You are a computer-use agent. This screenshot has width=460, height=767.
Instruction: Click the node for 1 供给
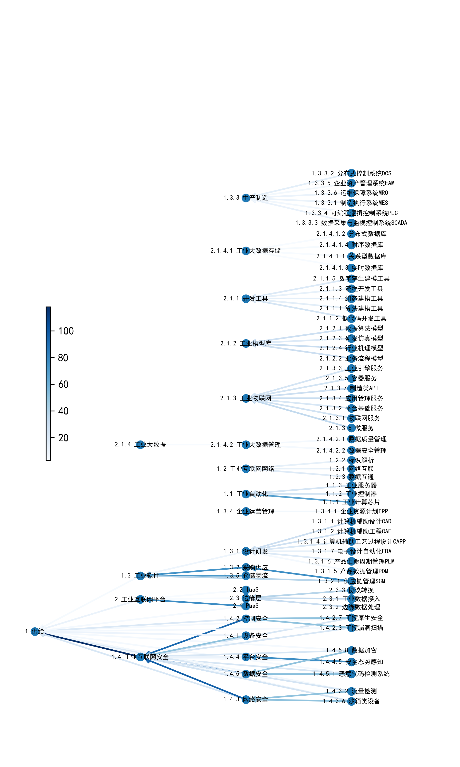(x=35, y=631)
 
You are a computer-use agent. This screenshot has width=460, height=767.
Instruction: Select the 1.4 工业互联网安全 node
(x=140, y=657)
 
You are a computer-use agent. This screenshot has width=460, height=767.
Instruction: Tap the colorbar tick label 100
(x=66, y=331)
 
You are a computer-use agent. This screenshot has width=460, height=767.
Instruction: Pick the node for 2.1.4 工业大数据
(x=140, y=445)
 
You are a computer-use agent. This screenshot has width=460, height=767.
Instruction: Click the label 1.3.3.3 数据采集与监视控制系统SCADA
(x=351, y=223)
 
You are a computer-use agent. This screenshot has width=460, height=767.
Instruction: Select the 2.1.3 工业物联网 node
(x=246, y=398)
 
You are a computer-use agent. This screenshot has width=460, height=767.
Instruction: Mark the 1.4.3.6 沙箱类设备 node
(x=351, y=701)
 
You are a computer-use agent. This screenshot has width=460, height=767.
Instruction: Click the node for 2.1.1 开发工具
(x=246, y=299)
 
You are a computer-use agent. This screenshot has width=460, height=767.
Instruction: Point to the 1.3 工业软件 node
(x=140, y=576)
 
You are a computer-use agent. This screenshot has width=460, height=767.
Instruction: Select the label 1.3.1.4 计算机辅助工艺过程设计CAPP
(x=351, y=542)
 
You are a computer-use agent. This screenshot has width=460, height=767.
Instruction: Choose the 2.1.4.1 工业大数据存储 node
(x=246, y=251)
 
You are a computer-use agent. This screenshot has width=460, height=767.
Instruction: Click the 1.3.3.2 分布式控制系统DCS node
(x=351, y=173)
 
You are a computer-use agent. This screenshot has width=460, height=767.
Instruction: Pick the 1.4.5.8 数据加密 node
(x=351, y=650)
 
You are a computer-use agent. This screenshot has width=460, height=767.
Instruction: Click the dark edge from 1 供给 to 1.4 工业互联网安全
(x=90, y=645)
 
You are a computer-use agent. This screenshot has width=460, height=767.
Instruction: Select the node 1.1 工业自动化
(x=246, y=493)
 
